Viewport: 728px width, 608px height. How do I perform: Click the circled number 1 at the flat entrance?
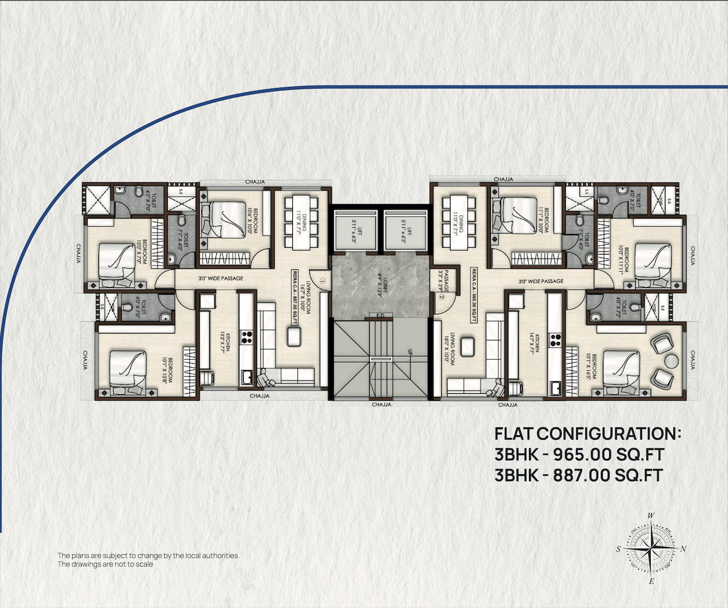[322, 280]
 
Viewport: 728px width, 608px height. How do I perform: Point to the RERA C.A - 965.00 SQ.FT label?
[473, 294]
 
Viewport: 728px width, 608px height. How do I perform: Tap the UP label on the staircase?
[408, 352]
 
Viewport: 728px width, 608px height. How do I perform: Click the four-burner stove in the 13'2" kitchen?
[246, 337]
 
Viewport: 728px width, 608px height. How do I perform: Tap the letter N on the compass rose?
[684, 549]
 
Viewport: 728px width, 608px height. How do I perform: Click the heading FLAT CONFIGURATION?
[588, 434]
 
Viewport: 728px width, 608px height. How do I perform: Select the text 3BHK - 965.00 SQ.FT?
[579, 455]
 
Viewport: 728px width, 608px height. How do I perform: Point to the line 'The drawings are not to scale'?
[105, 564]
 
